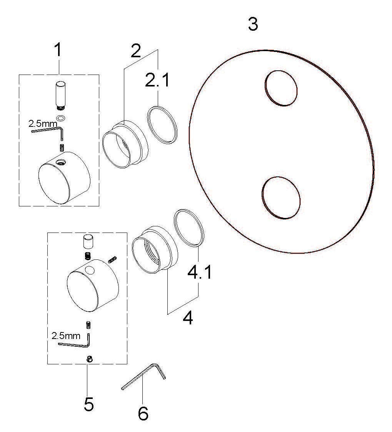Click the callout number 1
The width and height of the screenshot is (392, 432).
(58, 50)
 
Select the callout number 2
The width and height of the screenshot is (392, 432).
(136, 51)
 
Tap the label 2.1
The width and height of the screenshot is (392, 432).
(157, 80)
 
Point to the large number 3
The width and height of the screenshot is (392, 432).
(253, 24)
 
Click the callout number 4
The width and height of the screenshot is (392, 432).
(188, 318)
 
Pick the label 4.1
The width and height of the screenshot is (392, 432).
(200, 272)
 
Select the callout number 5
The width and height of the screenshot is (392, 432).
(89, 404)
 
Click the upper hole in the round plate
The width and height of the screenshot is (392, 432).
(281, 88)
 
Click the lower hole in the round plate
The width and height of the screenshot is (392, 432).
(281, 198)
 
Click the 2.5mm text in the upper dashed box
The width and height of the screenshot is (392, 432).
(43, 123)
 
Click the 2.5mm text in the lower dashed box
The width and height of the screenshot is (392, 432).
(66, 336)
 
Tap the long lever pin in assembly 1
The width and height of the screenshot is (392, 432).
(61, 94)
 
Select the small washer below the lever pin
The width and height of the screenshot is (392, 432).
(61, 118)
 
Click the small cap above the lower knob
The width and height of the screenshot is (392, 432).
(88, 242)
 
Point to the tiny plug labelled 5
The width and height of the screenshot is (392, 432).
(89, 359)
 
